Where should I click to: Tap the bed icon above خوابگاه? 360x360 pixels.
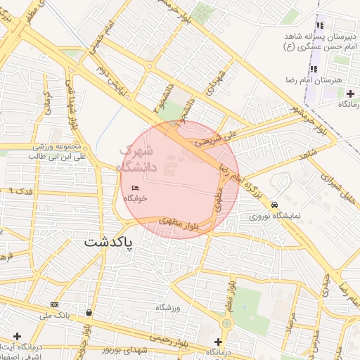tap(135, 188)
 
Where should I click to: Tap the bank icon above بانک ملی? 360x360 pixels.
tap(55, 304)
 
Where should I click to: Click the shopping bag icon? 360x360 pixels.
tap(89, 312)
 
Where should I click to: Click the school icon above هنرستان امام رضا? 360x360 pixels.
tap(314, 69)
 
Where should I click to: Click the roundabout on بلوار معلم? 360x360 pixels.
tap(226, 323)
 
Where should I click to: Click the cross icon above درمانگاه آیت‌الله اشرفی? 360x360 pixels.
tap(18, 336)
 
